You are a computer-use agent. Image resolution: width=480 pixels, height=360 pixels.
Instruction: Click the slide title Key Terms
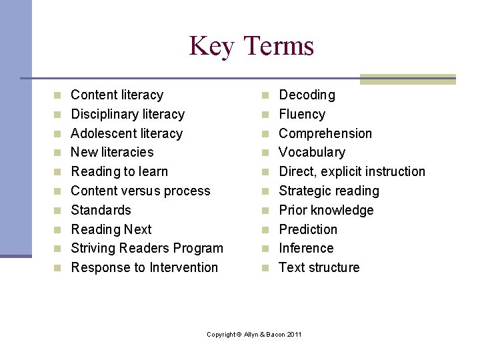[x=251, y=46]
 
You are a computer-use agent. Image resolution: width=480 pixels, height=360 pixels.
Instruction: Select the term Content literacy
[x=117, y=95]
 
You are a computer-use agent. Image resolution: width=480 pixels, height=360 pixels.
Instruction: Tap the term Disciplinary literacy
[x=127, y=115]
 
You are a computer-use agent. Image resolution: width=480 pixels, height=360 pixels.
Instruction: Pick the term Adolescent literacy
[x=127, y=133]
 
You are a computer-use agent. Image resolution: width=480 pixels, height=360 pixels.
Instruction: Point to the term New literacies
[x=112, y=153]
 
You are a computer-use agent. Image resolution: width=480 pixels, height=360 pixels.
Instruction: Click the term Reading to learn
[x=119, y=172]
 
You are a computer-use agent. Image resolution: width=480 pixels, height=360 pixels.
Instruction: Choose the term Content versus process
[x=140, y=191]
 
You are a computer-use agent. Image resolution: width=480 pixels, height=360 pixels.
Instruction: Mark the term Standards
[x=101, y=210]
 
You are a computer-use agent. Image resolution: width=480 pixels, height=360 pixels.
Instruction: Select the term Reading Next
[x=111, y=229]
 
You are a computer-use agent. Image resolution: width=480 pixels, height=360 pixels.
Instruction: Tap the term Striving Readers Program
[x=147, y=249]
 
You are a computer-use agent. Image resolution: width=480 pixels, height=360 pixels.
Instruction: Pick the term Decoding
[x=307, y=95]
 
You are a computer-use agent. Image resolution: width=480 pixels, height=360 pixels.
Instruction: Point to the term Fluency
[x=302, y=115]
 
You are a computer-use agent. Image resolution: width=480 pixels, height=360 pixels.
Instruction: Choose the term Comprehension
[x=325, y=133]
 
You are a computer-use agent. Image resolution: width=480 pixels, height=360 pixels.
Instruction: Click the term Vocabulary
[x=312, y=153]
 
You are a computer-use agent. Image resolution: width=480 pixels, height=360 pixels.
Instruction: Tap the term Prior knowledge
[x=326, y=210]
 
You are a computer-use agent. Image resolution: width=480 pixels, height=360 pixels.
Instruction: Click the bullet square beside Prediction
[x=265, y=230]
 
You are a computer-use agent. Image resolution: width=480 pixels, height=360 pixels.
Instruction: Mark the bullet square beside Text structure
[x=265, y=268]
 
